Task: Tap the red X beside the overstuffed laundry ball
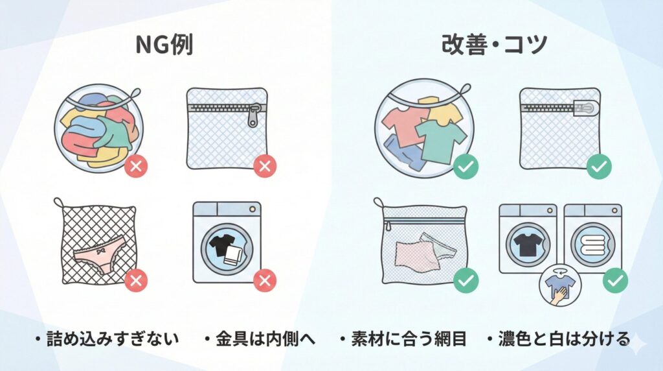[137, 166]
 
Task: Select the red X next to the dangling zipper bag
[264, 166]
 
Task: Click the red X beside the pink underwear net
[137, 280]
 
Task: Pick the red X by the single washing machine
[264, 280]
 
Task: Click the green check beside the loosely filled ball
[466, 166]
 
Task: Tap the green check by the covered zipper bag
[599, 166]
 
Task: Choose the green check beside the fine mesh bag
[466, 280]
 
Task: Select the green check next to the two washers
[615, 280]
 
